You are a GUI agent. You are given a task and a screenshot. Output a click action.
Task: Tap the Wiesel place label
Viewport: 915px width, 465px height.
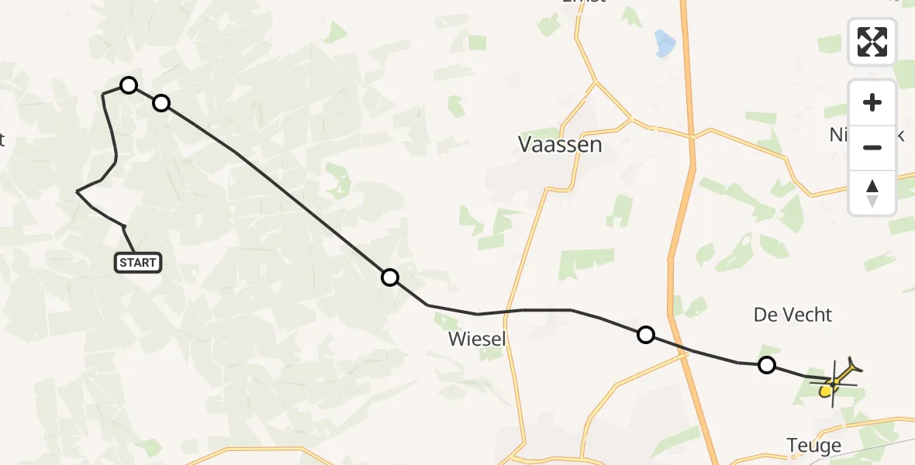[477, 339]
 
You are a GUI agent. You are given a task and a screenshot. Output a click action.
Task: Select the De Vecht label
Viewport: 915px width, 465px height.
[792, 315]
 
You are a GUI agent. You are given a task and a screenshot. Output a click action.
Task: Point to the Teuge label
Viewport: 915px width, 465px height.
[813, 446]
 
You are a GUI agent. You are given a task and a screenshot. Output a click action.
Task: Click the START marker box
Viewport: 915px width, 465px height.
[138, 263]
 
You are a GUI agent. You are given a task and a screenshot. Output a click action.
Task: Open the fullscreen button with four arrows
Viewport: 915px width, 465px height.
[872, 42]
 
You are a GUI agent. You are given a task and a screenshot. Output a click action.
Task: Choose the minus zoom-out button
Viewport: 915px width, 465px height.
[872, 147]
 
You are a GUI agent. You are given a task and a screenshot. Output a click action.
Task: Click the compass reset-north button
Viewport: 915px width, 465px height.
[872, 192]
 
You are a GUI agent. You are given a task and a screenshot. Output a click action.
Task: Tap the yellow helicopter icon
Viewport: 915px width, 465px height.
[836, 381]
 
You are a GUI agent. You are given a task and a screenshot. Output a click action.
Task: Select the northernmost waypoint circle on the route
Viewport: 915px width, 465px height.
[129, 85]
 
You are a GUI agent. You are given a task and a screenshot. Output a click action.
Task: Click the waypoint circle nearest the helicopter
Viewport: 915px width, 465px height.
[766, 365]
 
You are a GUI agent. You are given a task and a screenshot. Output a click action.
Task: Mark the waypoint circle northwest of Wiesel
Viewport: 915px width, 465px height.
[390, 277]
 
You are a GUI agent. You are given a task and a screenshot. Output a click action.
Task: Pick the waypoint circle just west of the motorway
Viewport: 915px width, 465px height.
[645, 335]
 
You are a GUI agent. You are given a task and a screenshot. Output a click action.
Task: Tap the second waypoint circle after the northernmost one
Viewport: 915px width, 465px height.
[390, 277]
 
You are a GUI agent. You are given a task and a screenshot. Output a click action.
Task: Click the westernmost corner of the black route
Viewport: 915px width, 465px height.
[78, 191]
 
